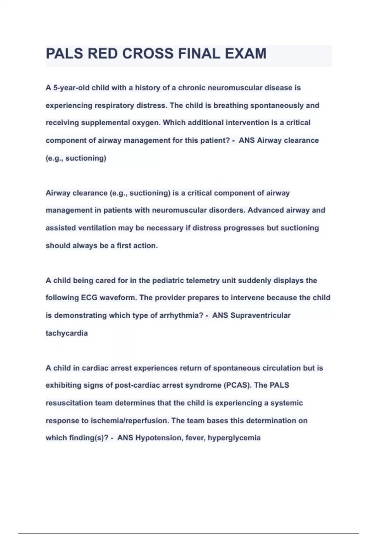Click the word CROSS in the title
point(148,54)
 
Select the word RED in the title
point(103,54)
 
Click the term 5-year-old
point(72,88)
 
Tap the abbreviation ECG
point(89,298)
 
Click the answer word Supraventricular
point(260,315)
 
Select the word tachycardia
point(67,333)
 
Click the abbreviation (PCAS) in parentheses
point(238,385)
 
